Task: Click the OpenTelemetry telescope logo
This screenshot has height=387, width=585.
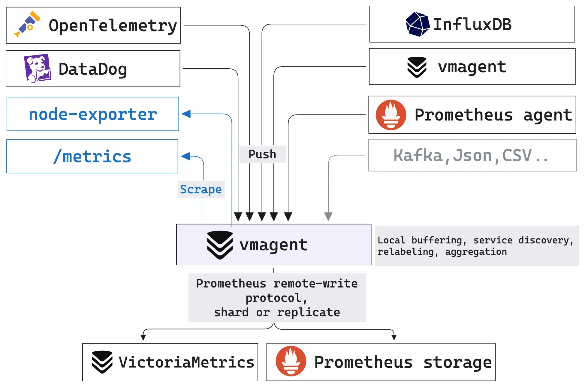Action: click(27, 24)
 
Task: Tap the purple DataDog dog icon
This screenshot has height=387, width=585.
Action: click(37, 68)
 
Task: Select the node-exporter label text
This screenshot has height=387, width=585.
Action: click(93, 114)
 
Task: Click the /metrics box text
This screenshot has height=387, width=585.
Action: click(92, 156)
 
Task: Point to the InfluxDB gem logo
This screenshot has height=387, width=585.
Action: click(417, 24)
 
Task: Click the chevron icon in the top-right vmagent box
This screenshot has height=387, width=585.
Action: click(417, 67)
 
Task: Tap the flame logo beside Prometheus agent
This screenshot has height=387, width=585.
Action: click(391, 115)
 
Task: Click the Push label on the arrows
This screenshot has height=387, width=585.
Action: click(262, 154)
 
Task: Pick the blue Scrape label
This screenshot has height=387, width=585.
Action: click(201, 189)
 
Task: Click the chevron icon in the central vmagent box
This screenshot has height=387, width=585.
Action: click(220, 245)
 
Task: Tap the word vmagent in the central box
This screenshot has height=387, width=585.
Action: click(273, 245)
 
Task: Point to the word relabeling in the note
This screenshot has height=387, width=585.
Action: click(405, 252)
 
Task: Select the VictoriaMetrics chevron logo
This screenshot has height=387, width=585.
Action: click(102, 362)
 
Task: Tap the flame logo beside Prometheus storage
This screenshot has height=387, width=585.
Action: click(291, 361)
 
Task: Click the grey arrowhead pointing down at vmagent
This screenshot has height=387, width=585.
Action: click(328, 216)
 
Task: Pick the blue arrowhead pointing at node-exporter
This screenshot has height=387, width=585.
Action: click(186, 114)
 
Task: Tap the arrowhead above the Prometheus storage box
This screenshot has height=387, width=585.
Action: click(394, 337)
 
